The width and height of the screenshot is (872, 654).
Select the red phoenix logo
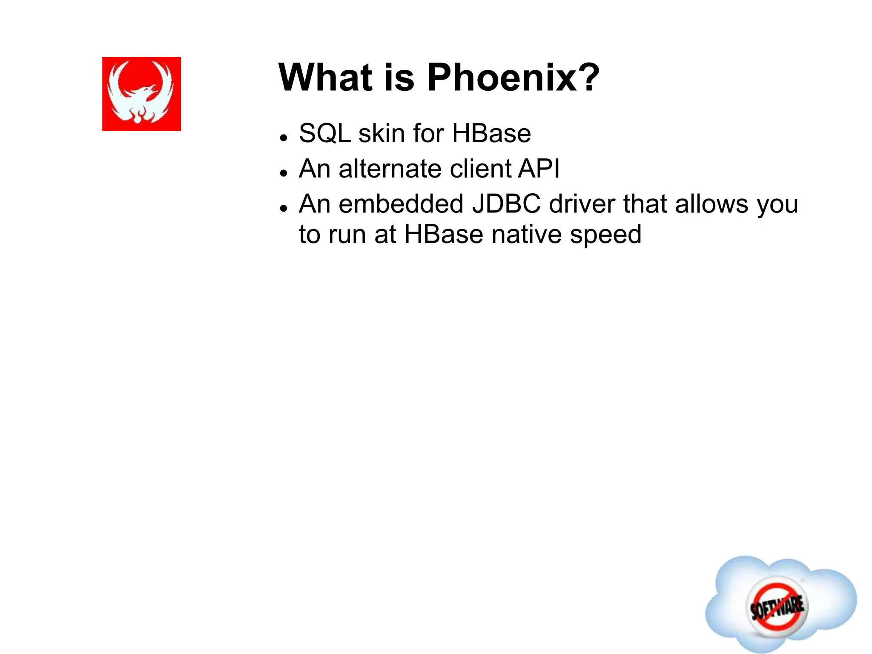[141, 94]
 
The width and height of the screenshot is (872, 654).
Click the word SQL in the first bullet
[324, 134]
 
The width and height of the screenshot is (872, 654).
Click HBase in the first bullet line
[491, 134]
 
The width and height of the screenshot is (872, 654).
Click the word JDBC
[506, 204]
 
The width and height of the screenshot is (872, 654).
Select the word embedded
[401, 204]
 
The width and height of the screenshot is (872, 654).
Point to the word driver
[582, 204]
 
